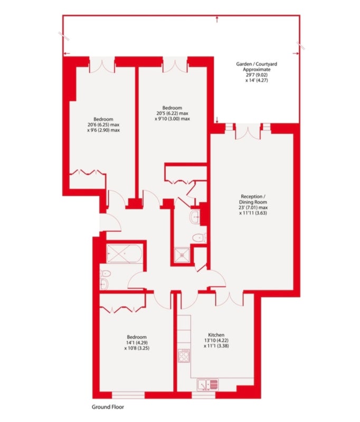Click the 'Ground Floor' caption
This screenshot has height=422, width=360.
[x=108, y=407]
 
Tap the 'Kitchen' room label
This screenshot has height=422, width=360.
[x=216, y=335]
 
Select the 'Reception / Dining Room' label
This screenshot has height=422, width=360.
[x=253, y=199]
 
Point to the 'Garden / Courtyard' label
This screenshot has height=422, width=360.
[x=257, y=64]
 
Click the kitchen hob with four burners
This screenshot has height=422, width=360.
[x=184, y=356]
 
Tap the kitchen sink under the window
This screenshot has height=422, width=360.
[x=207, y=385]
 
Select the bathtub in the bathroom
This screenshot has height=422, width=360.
[x=124, y=254]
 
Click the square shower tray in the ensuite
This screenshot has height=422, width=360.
[x=182, y=255]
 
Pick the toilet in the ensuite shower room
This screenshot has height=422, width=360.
[x=199, y=238]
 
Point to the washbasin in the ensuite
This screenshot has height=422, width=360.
[x=195, y=216]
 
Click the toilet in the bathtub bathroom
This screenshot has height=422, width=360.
[x=106, y=274]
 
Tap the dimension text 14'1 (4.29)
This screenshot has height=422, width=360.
[x=137, y=342]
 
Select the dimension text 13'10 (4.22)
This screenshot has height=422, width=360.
[x=216, y=340]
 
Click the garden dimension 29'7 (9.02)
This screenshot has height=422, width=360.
[x=257, y=75]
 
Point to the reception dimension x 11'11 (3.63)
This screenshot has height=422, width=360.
[x=253, y=213]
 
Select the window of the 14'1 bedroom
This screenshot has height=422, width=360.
[x=128, y=395]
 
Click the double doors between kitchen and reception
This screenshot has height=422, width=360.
[x=230, y=299]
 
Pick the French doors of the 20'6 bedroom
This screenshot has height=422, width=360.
[x=102, y=65]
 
